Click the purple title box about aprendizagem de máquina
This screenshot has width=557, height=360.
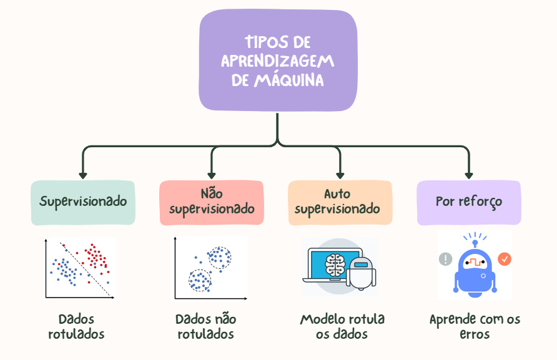[x=278, y=61]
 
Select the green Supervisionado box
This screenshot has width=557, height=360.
[x=83, y=202]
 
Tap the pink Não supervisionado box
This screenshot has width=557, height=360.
[x=212, y=202]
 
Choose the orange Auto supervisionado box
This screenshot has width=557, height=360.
[x=340, y=202]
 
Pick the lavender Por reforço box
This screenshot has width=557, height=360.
[x=468, y=202]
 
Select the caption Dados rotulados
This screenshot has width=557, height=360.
[x=76, y=326]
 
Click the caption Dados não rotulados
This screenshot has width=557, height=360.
[x=205, y=326]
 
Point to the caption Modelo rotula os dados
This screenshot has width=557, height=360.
[x=342, y=326]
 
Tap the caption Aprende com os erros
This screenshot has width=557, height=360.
[x=475, y=326]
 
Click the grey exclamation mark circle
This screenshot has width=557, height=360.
[x=445, y=259]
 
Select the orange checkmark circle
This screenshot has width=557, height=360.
[x=505, y=258]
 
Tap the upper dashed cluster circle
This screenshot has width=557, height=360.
[x=219, y=257]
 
